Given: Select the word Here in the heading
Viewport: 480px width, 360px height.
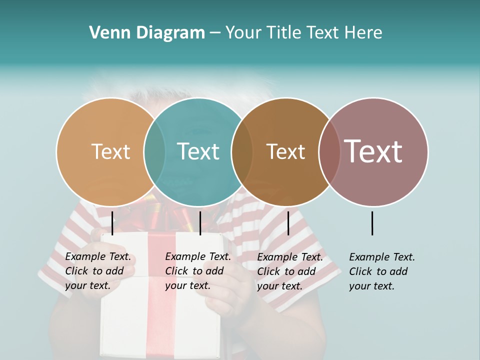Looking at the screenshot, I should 363,33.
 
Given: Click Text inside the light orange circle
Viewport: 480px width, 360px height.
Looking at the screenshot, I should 110,151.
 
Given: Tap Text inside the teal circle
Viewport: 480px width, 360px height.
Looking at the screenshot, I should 198,151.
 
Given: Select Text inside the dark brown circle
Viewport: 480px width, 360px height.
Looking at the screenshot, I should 285,151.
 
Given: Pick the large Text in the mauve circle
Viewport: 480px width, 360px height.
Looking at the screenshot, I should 373,151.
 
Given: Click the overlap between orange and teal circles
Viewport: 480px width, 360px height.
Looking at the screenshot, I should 154,151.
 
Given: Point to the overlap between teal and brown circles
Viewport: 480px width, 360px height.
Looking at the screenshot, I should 242,151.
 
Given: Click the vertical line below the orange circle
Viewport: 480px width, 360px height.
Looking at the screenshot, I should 112,223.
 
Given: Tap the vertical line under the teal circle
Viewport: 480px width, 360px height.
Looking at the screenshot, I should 200,223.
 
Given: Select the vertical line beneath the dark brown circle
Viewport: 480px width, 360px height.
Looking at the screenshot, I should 288,223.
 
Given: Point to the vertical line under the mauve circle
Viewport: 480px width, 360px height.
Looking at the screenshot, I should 372,223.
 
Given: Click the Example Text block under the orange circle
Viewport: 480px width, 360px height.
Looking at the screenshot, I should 98,271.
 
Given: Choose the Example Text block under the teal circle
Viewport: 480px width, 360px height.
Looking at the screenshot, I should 198,271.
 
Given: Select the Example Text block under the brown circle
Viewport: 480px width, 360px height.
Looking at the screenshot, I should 290,271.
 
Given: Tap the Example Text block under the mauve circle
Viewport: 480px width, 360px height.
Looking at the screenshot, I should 382,271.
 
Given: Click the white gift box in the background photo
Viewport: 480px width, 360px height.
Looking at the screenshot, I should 160,325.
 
